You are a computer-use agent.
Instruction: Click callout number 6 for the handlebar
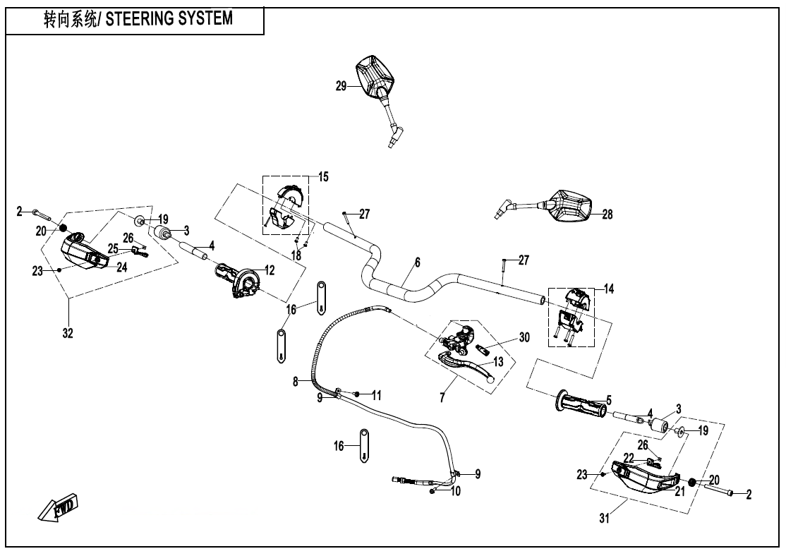(x=417, y=262)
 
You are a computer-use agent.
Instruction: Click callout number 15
(x=323, y=176)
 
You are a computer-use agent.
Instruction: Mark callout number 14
(x=609, y=289)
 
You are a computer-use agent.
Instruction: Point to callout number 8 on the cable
(x=296, y=382)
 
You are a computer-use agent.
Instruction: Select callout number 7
(x=442, y=398)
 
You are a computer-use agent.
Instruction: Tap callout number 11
(x=376, y=395)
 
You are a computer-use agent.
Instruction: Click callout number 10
(x=455, y=491)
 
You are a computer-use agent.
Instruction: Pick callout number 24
(x=121, y=267)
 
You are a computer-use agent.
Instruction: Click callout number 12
(x=270, y=269)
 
